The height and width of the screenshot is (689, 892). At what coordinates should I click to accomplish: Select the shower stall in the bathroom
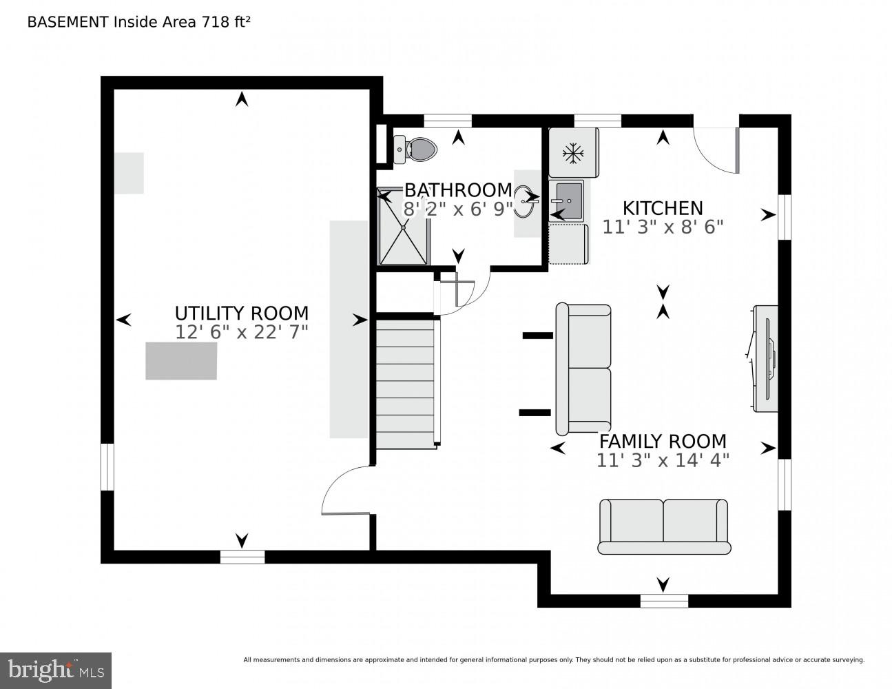pos(404,227)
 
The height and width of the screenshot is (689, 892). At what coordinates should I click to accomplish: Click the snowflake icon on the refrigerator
pos(572,154)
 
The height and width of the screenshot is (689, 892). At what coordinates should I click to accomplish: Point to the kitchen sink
pos(569,200)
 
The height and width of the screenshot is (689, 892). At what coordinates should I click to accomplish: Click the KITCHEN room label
pos(662,208)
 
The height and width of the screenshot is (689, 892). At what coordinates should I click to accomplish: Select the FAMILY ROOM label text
pos(662,441)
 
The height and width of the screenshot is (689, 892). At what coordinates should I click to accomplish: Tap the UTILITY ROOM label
pos(241,313)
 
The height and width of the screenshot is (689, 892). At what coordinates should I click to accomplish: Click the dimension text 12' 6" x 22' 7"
pos(241,332)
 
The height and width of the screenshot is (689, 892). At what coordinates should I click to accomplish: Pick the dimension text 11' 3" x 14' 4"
pos(662,460)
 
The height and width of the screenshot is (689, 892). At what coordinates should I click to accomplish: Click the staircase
pos(406,383)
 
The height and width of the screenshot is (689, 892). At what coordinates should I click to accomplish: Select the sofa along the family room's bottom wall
pos(663,526)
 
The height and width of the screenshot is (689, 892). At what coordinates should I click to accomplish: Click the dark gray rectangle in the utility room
pos(181,360)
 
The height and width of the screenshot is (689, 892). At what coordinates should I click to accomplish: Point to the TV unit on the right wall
pos(765,359)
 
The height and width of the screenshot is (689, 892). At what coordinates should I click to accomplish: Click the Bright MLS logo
pos(56,670)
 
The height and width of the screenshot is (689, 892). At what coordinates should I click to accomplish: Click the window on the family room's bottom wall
pos(663,601)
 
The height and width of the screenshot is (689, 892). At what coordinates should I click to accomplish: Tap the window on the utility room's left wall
pos(107,466)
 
